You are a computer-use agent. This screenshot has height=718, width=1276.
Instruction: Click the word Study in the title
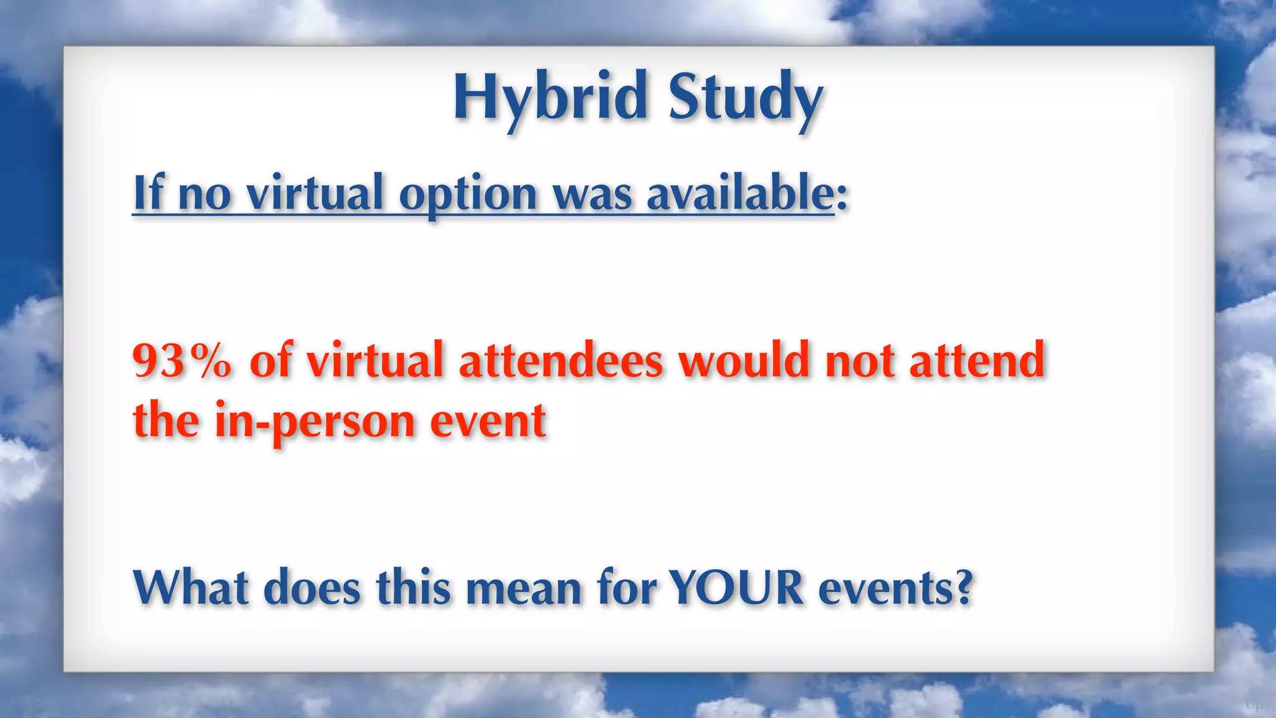click(x=745, y=98)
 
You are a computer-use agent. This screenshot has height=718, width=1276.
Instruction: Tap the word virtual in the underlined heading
click(x=315, y=193)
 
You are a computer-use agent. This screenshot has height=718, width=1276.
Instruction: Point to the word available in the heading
click(x=740, y=193)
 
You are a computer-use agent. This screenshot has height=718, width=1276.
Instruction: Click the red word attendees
click(x=561, y=361)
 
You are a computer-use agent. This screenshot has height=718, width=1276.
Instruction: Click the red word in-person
click(x=315, y=421)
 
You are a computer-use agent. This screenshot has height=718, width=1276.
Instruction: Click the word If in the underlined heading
click(x=148, y=193)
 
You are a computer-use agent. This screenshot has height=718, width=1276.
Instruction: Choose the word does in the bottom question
click(x=312, y=588)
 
